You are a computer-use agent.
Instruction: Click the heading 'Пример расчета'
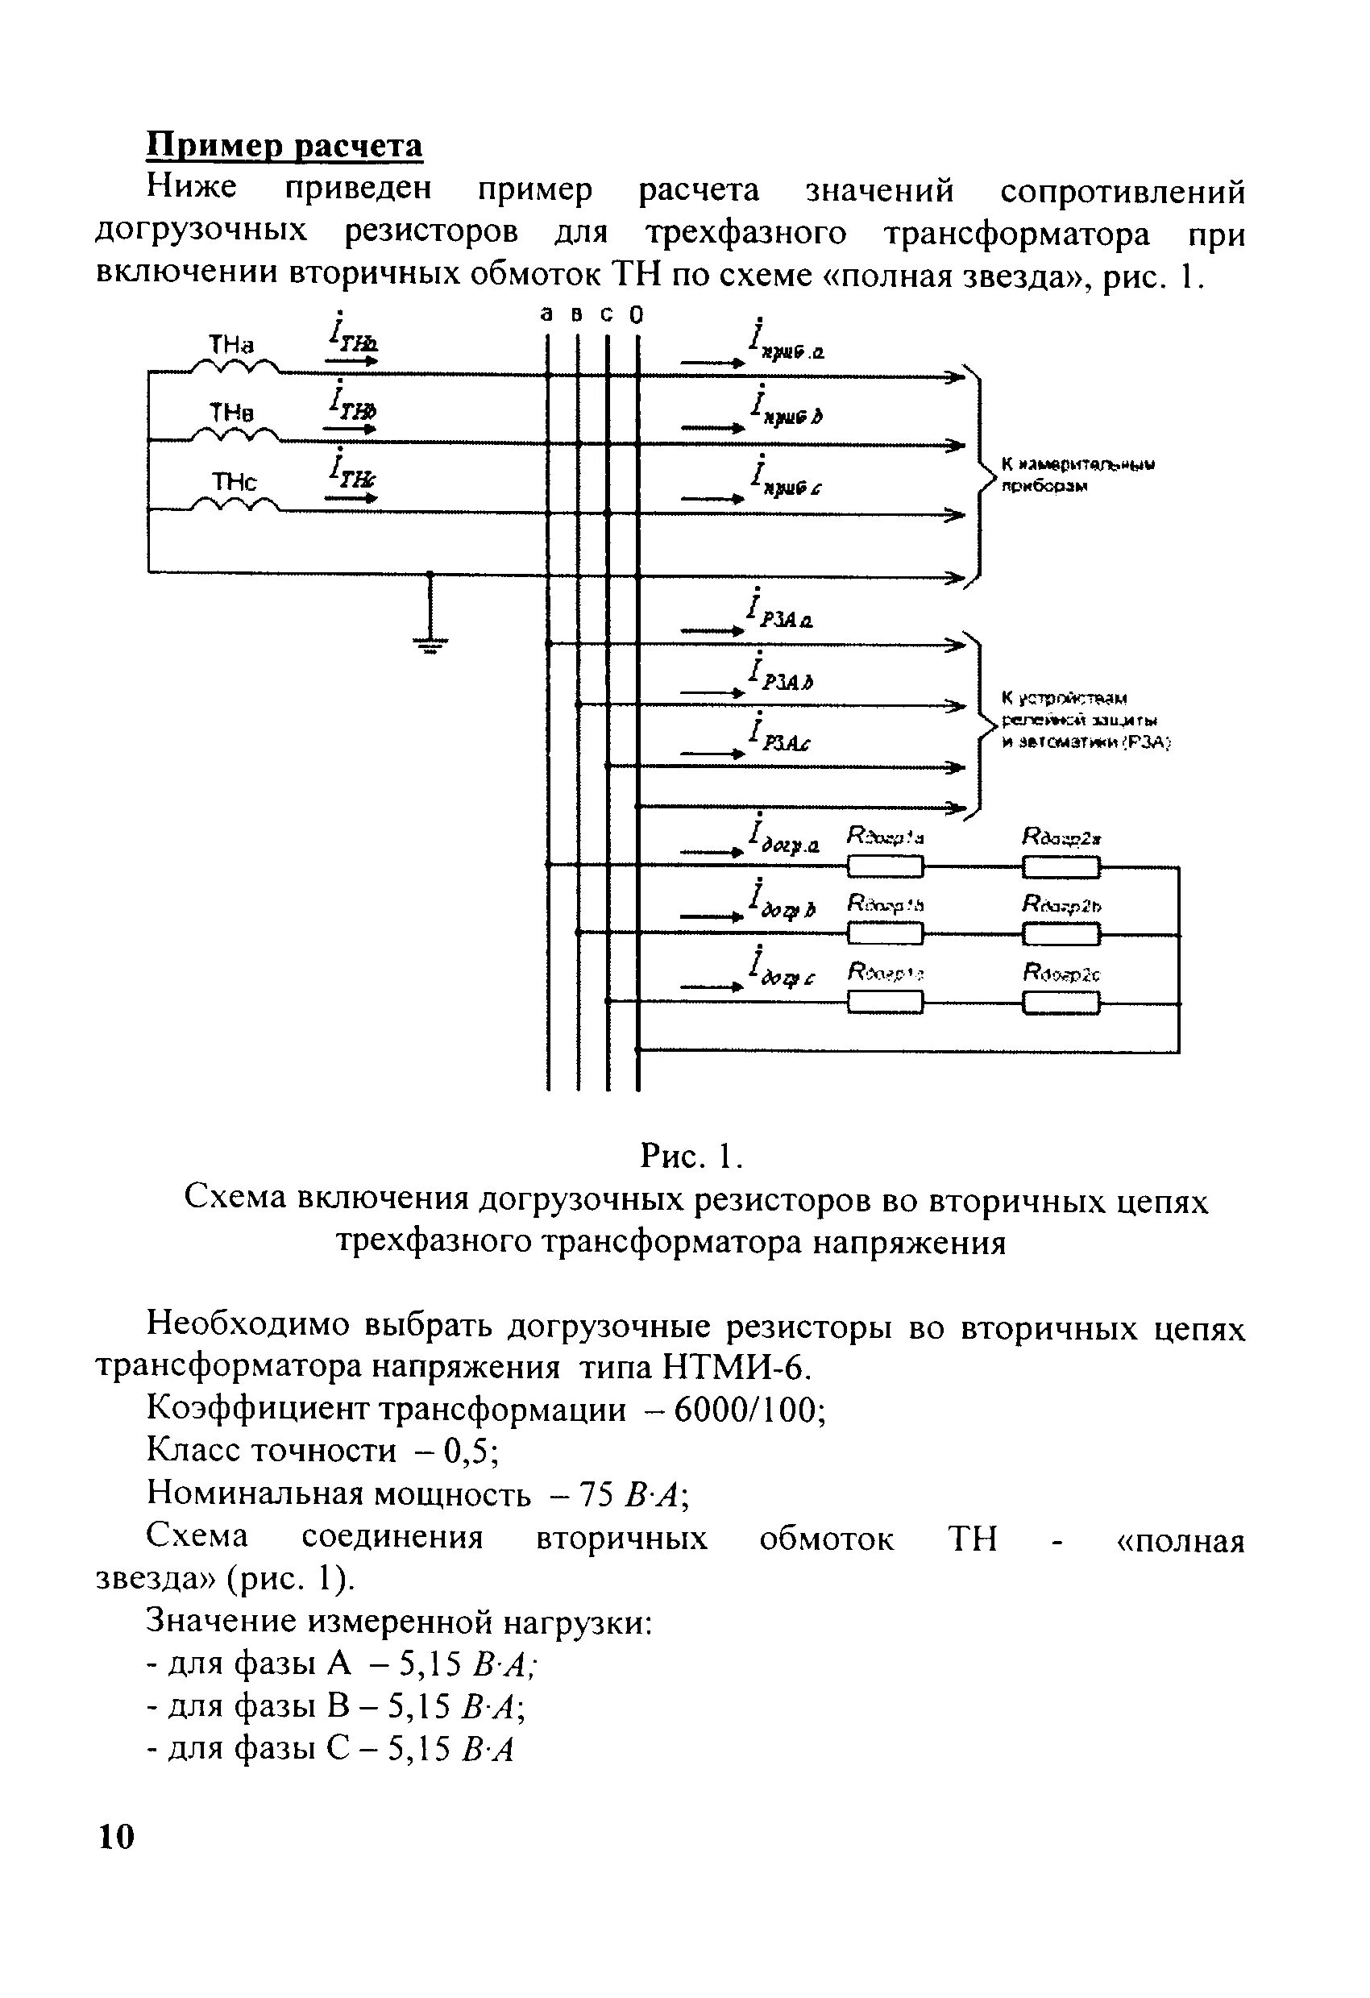pyautogui.click(x=284, y=146)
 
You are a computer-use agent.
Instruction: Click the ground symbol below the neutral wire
pyautogui.click(x=430, y=643)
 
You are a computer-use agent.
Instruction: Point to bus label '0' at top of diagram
pyautogui.click(x=636, y=315)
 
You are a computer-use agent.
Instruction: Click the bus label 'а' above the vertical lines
pyautogui.click(x=546, y=315)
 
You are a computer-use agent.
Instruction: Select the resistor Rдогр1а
pyautogui.click(x=885, y=866)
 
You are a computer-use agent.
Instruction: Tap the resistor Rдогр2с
pyautogui.click(x=1061, y=1003)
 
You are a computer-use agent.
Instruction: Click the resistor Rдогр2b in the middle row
pyautogui.click(x=1061, y=933)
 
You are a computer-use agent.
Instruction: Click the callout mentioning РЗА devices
pyautogui.click(x=1085, y=720)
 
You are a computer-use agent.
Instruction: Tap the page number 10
pyautogui.click(x=117, y=1836)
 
